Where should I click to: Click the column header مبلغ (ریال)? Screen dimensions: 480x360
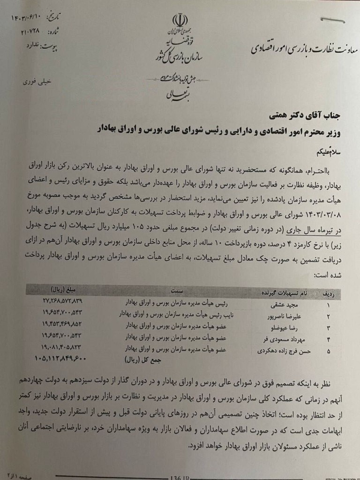point(60,290)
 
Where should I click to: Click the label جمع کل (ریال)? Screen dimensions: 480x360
point(141,361)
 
